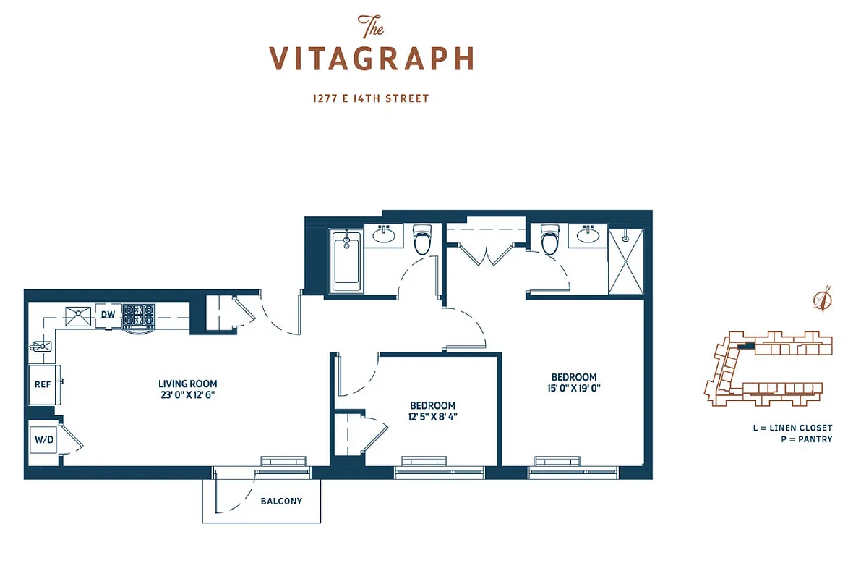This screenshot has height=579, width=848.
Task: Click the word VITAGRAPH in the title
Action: (x=372, y=59)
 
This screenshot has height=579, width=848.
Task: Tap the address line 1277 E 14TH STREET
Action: (x=371, y=98)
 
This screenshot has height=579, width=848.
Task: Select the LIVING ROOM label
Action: (x=188, y=384)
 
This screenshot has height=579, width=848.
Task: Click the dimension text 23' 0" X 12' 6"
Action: (x=188, y=395)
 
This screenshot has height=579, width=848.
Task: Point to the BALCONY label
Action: (x=281, y=501)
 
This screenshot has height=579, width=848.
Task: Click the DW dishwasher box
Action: (x=108, y=315)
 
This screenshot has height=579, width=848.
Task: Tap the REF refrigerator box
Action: (x=43, y=384)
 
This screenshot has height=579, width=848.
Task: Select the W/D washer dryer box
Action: (x=41, y=439)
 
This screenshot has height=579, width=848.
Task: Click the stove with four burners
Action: (x=138, y=316)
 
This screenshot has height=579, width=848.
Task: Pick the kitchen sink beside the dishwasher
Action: (x=77, y=315)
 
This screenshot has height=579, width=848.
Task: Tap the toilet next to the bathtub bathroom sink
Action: (x=421, y=240)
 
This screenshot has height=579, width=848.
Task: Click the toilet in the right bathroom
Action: (x=551, y=240)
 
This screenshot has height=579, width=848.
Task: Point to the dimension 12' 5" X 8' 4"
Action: (x=432, y=417)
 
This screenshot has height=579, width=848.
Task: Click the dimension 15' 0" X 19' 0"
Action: (x=574, y=388)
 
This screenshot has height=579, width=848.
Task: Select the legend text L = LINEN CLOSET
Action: (x=792, y=428)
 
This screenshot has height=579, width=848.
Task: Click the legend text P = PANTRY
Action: (x=806, y=439)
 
